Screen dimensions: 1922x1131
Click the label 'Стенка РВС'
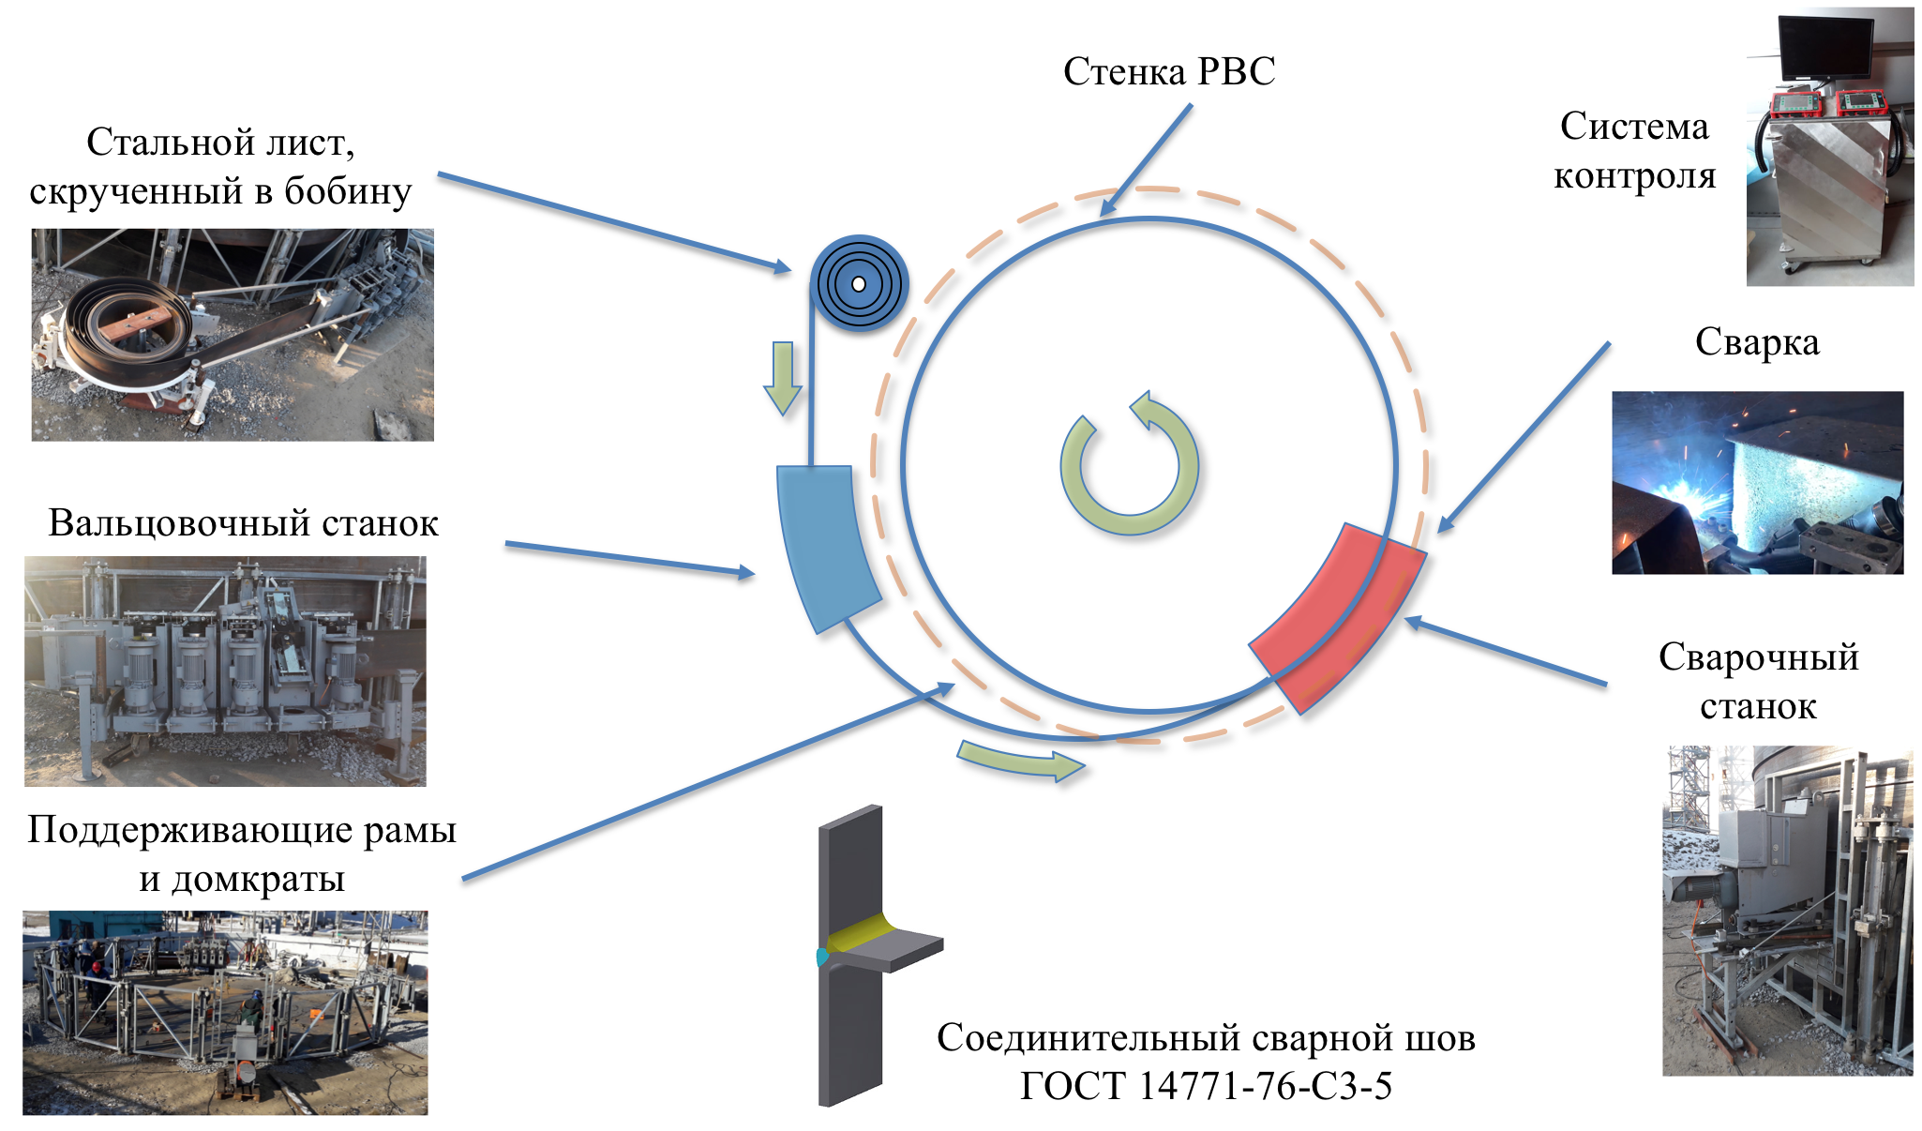1169,72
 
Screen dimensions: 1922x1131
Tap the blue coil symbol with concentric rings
859,283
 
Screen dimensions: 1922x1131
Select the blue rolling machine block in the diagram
826,547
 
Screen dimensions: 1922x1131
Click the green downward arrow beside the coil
782,378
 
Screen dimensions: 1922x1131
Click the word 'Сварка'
1757,342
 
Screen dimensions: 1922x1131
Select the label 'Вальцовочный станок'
243,523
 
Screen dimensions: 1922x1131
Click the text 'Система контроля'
1634,151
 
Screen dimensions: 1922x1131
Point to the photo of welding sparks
1757,482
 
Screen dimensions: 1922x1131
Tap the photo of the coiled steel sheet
233,335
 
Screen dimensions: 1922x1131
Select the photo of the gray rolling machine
225,671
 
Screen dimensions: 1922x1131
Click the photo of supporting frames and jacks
225,1012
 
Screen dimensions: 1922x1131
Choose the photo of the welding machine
1787,911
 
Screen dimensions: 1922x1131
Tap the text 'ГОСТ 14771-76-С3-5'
1206,1086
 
